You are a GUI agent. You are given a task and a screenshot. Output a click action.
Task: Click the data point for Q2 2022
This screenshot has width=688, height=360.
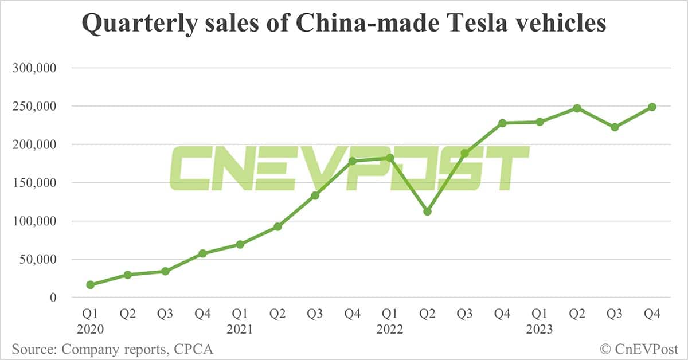pyautogui.click(x=427, y=212)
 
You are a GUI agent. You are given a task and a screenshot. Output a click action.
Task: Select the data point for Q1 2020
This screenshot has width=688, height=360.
pyautogui.click(x=90, y=285)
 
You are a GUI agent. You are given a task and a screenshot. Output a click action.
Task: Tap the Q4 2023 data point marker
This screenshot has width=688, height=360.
pyautogui.click(x=652, y=107)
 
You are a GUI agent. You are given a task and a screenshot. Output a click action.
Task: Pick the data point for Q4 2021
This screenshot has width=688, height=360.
pyautogui.click(x=352, y=161)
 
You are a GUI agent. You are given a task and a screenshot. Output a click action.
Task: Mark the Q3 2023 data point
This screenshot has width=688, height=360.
pyautogui.click(x=615, y=127)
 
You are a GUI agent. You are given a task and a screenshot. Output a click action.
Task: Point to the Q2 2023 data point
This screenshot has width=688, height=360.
pyautogui.click(x=577, y=108)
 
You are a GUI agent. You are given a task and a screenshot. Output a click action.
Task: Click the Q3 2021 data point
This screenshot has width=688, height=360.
pyautogui.click(x=315, y=195)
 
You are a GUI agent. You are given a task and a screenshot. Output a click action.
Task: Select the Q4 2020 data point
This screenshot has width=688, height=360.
pyautogui.click(x=202, y=253)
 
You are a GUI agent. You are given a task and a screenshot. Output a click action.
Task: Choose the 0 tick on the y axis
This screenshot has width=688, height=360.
pyautogui.click(x=53, y=298)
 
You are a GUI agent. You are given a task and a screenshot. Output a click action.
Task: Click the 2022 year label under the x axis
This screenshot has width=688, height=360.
pyautogui.click(x=390, y=330)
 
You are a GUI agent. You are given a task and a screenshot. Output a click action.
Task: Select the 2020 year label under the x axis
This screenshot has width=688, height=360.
pyautogui.click(x=90, y=330)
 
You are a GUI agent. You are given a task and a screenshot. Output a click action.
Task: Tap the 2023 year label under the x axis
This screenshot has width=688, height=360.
pyautogui.click(x=540, y=330)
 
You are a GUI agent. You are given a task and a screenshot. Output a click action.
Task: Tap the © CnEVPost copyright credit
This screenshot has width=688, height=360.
pyautogui.click(x=638, y=349)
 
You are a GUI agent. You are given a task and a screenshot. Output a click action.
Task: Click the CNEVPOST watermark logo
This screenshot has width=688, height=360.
pyautogui.click(x=349, y=168)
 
